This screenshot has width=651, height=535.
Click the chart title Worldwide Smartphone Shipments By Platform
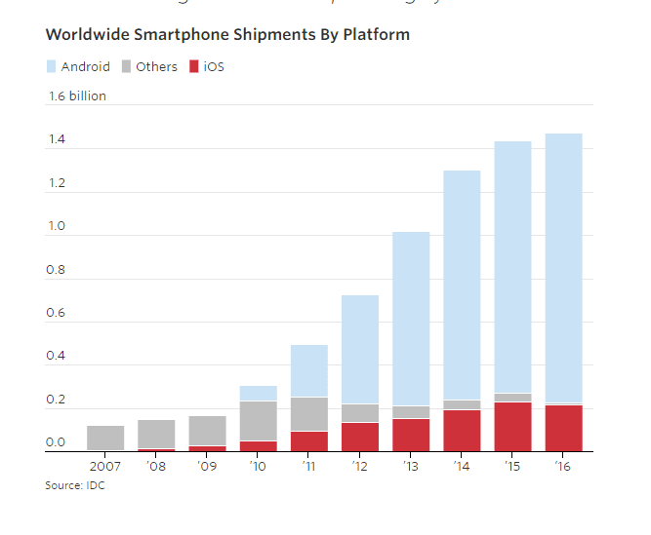(227, 35)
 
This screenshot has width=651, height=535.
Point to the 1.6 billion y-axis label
(77, 96)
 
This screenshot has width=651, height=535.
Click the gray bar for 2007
(105, 439)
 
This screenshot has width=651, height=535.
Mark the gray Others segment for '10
(258, 421)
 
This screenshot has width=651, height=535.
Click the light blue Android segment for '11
(308, 371)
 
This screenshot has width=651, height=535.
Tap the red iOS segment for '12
(360, 437)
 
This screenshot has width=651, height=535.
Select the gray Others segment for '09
(207, 431)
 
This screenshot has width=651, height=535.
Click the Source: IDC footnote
(74, 485)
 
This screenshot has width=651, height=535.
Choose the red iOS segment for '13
(411, 435)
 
